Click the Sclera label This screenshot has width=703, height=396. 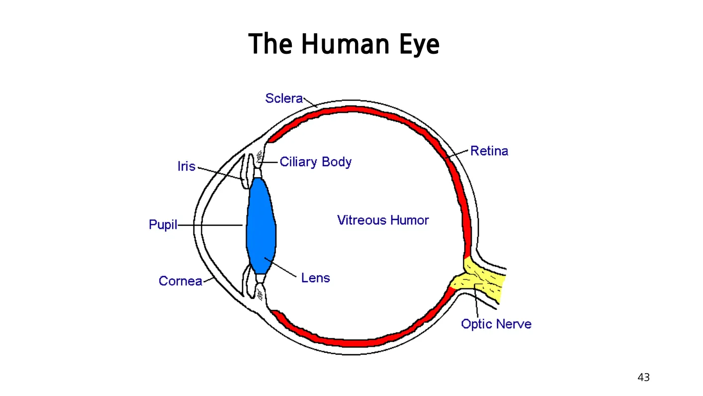tap(284, 99)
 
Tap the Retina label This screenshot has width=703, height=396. tap(489, 151)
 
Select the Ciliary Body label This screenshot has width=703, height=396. tap(316, 162)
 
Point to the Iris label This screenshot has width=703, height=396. tap(186, 166)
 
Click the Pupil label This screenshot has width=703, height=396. tap(163, 225)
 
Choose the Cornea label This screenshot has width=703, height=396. tap(180, 281)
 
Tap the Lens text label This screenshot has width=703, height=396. tap(316, 278)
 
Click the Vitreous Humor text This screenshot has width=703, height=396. tap(383, 220)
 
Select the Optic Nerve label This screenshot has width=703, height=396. tap(496, 324)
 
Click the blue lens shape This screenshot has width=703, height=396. tap(261, 226)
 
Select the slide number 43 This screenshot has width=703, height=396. tap(643, 378)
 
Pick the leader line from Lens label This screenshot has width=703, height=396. tap(283, 267)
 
